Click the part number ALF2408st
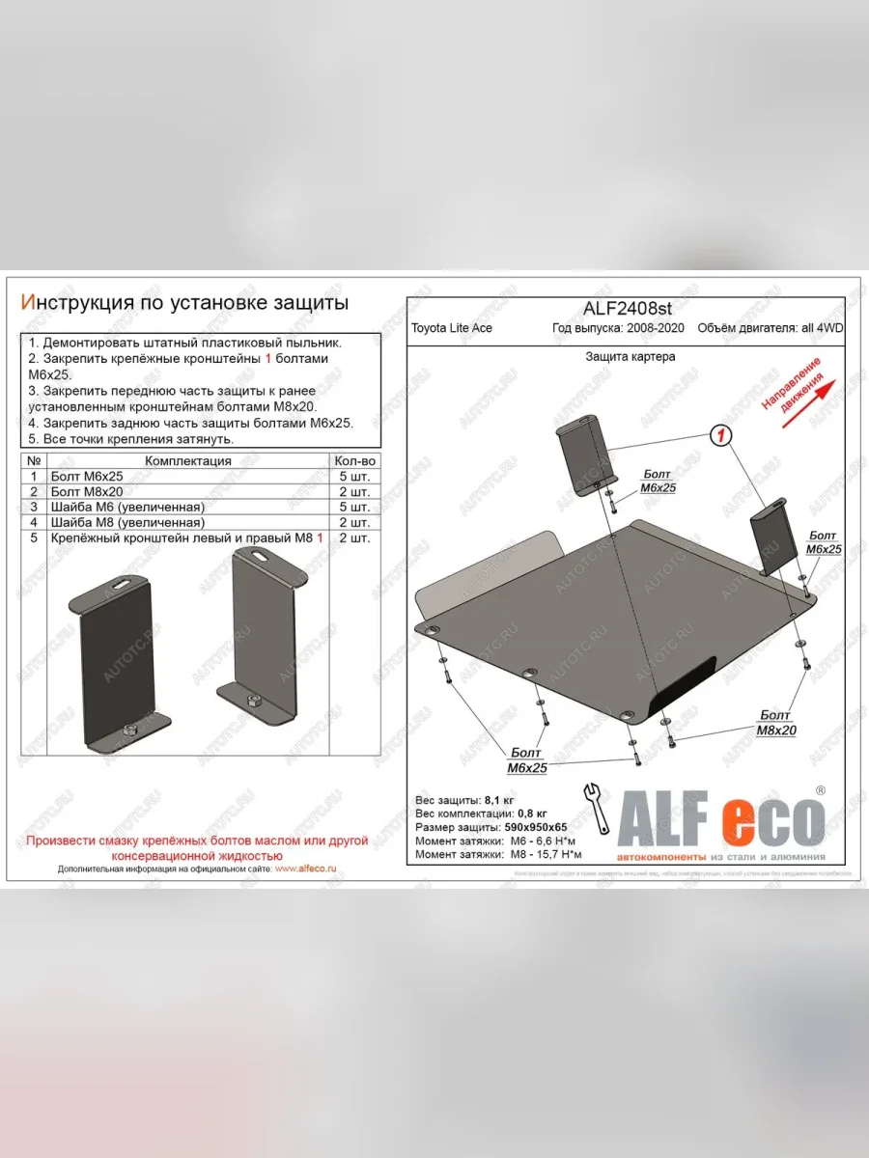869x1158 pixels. tap(626, 308)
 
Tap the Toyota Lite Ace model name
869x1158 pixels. tap(452, 328)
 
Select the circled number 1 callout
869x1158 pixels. tap(719, 436)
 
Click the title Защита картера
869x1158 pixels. tap(630, 356)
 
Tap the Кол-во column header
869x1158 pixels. tap(354, 461)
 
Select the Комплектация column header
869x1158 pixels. tap(188, 461)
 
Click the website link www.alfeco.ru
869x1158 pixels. tap(305, 868)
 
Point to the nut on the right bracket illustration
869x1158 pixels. tap(255, 700)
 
